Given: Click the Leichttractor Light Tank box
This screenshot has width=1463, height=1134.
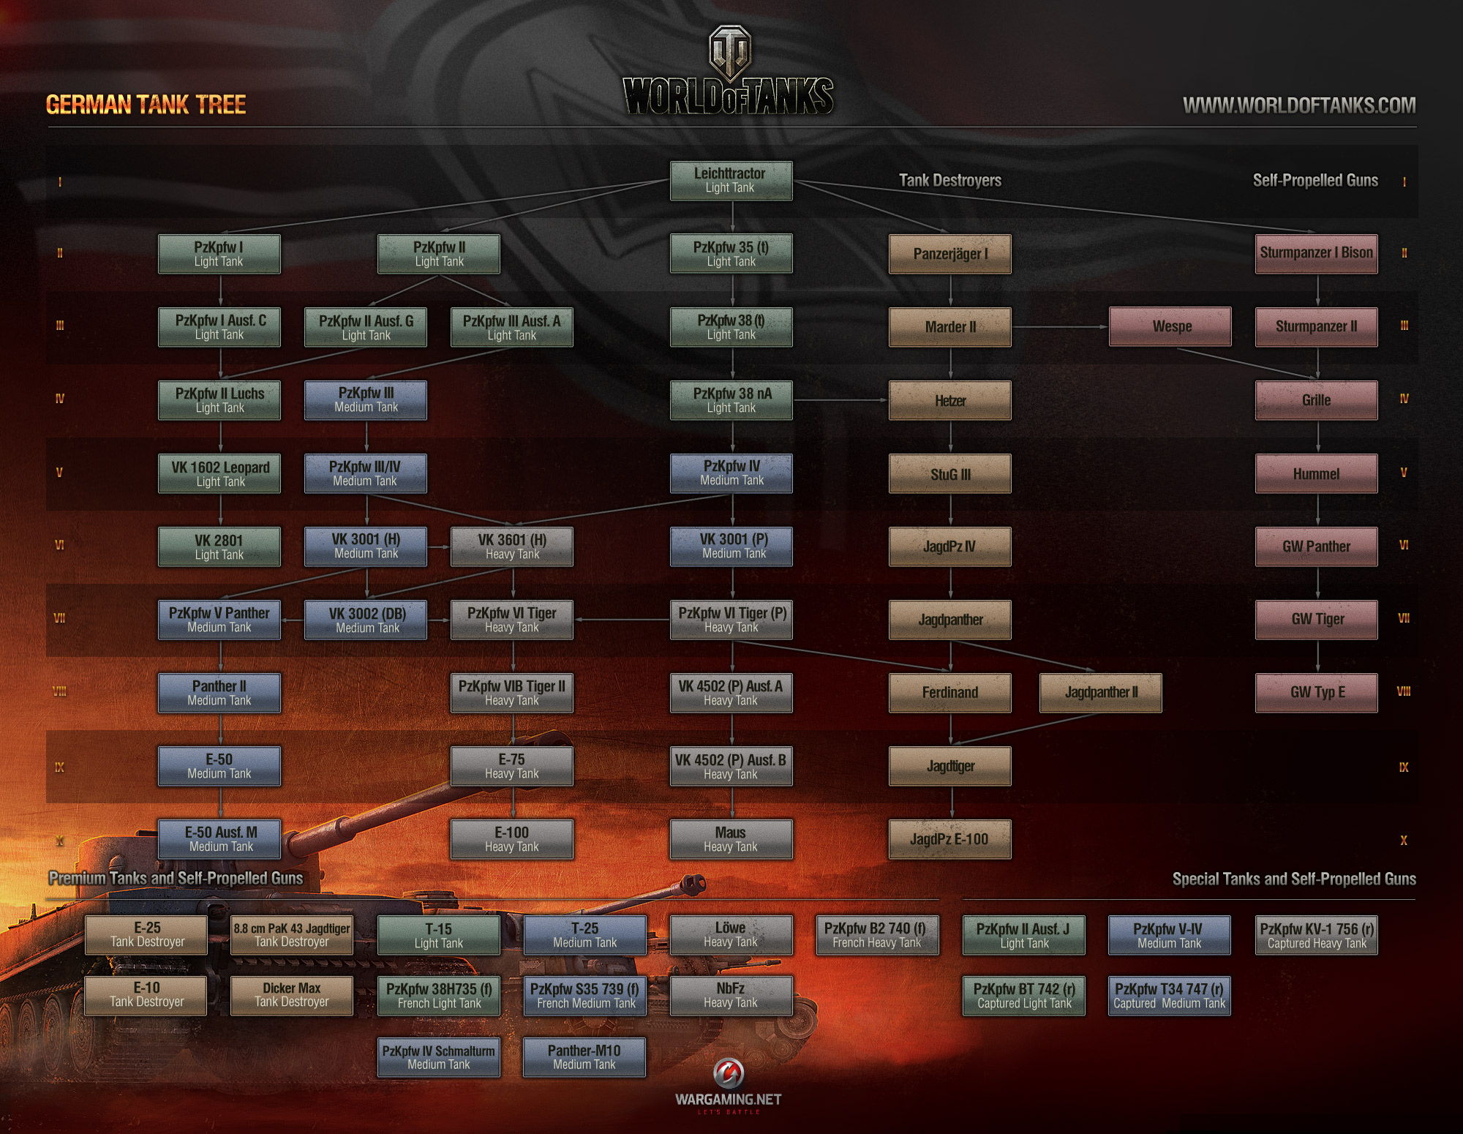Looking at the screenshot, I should [x=731, y=181].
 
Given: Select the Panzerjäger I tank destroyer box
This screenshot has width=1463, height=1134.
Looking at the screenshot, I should [x=950, y=254].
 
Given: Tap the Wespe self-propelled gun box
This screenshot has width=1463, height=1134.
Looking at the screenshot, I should [x=1170, y=326].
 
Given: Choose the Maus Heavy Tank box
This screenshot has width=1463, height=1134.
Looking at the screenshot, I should [x=731, y=839].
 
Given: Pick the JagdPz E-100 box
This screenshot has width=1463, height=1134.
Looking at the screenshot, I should [x=950, y=839].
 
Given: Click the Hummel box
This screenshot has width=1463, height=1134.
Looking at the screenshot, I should [x=1317, y=473].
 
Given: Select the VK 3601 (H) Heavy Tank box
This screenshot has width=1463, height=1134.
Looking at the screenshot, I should [x=512, y=547].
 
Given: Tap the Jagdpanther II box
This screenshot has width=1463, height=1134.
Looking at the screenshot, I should [x=1101, y=692].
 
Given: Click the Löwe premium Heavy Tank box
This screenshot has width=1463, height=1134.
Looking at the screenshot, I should [x=731, y=934].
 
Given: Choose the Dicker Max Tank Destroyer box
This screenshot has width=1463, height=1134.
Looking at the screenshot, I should [x=292, y=995].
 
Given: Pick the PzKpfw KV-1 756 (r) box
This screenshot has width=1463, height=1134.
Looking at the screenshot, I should [x=1317, y=935].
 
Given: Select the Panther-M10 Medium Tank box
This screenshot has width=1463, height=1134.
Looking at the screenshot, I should [x=584, y=1056].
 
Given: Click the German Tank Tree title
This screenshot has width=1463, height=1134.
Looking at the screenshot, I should [x=146, y=105].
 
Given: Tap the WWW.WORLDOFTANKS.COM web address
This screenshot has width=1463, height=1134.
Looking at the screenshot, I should [x=1299, y=105].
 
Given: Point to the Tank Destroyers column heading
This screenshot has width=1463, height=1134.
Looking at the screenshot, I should [x=949, y=180].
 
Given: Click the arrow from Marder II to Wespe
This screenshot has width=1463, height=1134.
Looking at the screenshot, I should [x=1061, y=326].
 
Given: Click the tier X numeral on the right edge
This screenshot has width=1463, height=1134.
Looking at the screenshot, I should [x=1403, y=840].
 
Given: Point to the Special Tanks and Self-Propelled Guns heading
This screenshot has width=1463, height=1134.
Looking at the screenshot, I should [x=1294, y=879].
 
